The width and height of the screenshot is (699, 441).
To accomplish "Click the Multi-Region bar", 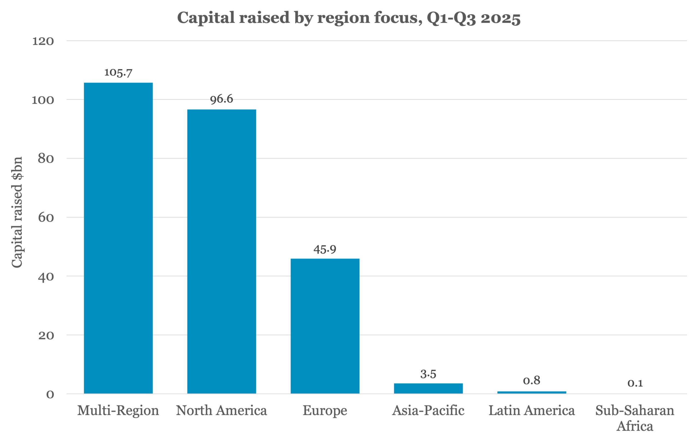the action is click(118, 238).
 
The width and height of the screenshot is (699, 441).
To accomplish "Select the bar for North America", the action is click(221, 251).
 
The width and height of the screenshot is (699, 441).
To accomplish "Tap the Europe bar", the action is click(325, 326).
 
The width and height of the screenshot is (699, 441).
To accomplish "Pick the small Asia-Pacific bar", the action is click(428, 389).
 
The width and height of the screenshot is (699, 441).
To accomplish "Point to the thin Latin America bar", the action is click(532, 392).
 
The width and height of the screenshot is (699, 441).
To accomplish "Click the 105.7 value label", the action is click(118, 73).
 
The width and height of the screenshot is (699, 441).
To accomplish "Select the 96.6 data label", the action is click(221, 99).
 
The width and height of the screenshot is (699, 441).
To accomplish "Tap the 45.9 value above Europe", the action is click(325, 249).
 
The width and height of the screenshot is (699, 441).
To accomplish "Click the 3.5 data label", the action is click(428, 374).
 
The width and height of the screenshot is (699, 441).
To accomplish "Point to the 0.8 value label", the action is click(532, 380).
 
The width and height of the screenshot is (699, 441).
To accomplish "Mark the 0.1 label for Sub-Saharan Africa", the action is click(635, 383).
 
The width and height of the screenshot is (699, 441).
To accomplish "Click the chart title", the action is click(349, 18).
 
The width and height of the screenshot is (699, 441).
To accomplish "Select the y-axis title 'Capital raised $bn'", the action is click(17, 212).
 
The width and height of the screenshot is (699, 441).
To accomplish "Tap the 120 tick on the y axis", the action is click(43, 41).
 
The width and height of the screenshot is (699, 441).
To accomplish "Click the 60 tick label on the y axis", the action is click(46, 217).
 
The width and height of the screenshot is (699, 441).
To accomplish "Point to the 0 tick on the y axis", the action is click(50, 394).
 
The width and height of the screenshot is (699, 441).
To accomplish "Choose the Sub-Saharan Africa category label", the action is click(635, 418).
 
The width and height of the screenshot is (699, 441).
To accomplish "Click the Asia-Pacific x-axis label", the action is click(428, 410).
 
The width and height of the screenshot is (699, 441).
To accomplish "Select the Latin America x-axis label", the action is click(532, 410).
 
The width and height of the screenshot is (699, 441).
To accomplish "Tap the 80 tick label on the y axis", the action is click(46, 159).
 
